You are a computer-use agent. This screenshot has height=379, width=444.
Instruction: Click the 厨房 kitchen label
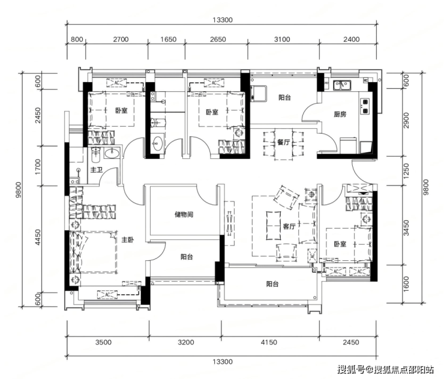[340, 115]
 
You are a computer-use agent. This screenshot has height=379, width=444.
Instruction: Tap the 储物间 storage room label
[184, 215]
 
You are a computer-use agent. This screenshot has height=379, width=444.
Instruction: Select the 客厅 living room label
[289, 227]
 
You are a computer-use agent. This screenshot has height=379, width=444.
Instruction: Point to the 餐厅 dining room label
[283, 142]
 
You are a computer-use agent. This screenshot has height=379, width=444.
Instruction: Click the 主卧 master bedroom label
[127, 240]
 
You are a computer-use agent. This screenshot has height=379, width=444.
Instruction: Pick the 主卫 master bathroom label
[96, 170]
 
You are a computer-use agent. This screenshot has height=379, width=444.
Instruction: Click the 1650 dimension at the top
[168, 40]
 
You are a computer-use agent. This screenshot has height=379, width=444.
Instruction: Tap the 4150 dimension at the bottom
[269, 342]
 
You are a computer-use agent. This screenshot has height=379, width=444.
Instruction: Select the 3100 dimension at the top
[282, 40]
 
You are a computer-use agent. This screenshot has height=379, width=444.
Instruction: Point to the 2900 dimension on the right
[406, 121]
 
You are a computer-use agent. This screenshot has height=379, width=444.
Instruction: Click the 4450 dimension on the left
[38, 237]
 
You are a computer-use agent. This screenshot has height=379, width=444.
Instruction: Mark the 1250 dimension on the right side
[406, 171]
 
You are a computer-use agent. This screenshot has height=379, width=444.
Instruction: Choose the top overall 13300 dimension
[223, 20]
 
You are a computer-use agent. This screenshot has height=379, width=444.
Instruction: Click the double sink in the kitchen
[342, 85]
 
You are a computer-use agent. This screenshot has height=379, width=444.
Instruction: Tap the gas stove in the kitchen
[365, 106]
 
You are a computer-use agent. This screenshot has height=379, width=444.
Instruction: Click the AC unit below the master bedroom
[107, 294]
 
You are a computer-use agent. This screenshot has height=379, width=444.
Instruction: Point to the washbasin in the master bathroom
[112, 154]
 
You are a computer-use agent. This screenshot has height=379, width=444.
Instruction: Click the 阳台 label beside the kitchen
[284, 98]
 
